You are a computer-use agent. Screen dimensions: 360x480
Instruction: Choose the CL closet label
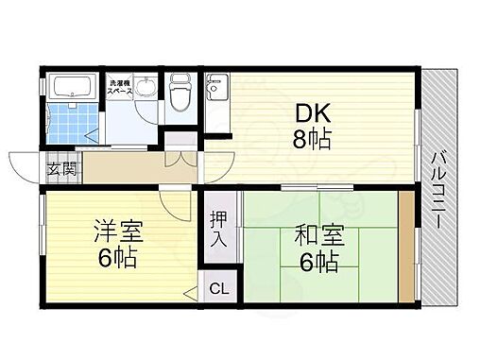(x=217, y=288)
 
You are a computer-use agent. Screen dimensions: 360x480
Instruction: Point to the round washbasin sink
(x=146, y=90)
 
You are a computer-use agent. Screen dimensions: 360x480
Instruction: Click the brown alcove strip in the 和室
(x=405, y=249)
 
